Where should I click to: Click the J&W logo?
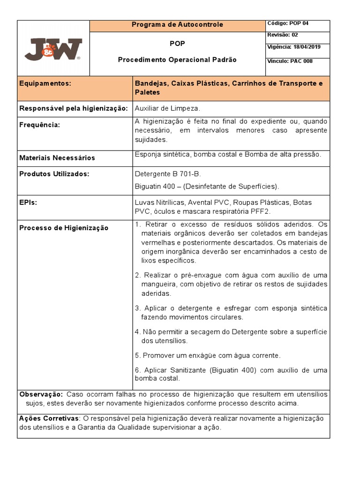click(53, 48)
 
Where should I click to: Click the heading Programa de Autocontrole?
click(177, 24)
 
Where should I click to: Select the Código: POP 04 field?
click(288, 23)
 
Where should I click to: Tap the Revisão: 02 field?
click(282, 35)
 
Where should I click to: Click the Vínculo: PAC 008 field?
click(290, 61)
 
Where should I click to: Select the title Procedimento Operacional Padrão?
click(177, 60)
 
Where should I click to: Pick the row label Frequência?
click(39, 125)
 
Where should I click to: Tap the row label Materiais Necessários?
click(57, 157)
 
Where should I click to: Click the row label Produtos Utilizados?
click(54, 174)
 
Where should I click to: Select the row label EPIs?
click(28, 202)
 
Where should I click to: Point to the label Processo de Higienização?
click(64, 228)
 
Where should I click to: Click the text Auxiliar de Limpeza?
click(167, 108)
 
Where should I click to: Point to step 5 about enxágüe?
click(207, 355)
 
